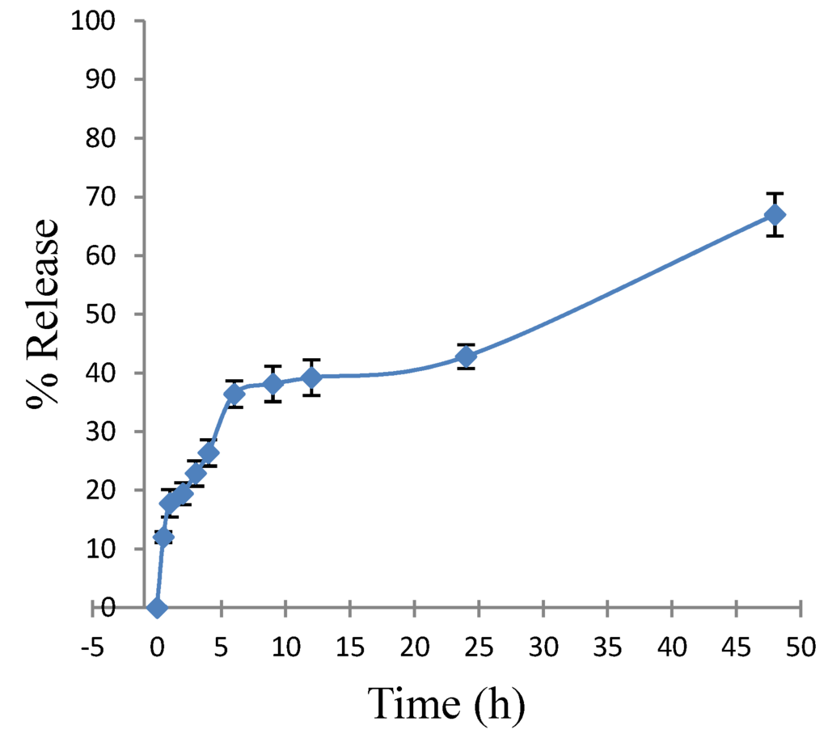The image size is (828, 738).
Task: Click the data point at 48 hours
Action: coord(775,215)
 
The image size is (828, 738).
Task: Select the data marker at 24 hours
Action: coord(466,356)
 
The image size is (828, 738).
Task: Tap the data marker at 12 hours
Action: coord(311,377)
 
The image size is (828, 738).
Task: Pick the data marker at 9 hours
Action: coord(273,383)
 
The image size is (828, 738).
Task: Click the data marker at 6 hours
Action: coord(234,394)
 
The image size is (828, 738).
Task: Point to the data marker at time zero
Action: coord(158,607)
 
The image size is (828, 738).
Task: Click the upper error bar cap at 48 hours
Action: coord(775,194)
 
